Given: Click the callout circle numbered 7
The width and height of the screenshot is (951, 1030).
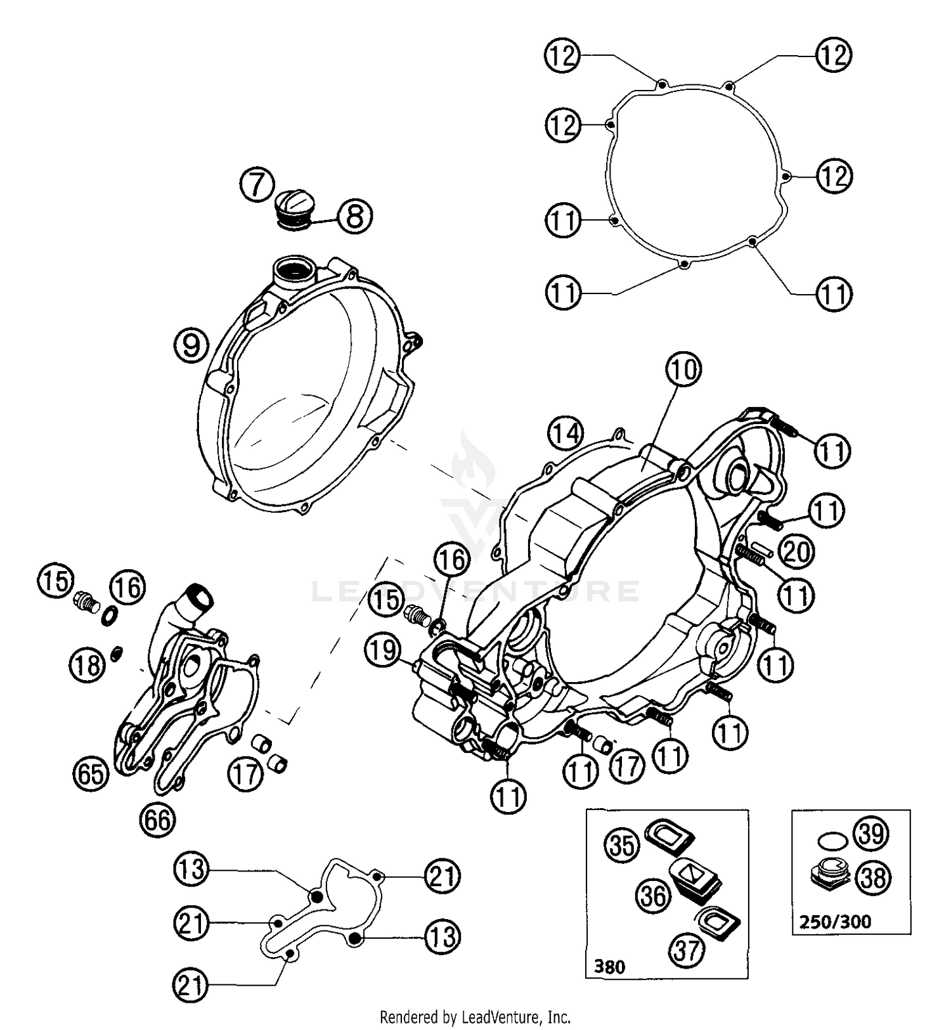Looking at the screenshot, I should [257, 186].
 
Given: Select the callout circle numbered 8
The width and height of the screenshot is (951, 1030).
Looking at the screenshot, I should [355, 216].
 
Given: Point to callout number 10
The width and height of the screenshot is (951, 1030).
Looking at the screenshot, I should [683, 370].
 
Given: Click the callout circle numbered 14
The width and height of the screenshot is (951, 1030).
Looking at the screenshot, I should [566, 434].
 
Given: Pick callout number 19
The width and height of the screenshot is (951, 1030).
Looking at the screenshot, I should [382, 651].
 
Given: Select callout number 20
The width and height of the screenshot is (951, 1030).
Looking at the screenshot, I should [795, 551].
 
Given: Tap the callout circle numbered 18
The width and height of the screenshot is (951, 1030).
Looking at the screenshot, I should [87, 665].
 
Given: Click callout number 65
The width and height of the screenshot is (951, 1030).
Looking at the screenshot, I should [90, 774].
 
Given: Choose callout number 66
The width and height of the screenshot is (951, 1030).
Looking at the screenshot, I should [157, 820].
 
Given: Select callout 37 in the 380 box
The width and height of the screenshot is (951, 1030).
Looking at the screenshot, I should [687, 950].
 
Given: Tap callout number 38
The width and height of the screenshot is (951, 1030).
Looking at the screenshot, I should [873, 878].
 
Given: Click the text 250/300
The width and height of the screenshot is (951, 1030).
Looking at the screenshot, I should [835, 921].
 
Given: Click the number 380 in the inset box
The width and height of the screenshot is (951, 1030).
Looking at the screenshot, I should [609, 967].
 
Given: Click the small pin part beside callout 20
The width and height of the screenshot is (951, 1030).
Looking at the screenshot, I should [761, 546].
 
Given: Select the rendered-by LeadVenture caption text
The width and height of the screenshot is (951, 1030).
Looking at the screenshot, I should [475, 1017].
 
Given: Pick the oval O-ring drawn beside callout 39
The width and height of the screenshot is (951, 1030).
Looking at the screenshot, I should [832, 841].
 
